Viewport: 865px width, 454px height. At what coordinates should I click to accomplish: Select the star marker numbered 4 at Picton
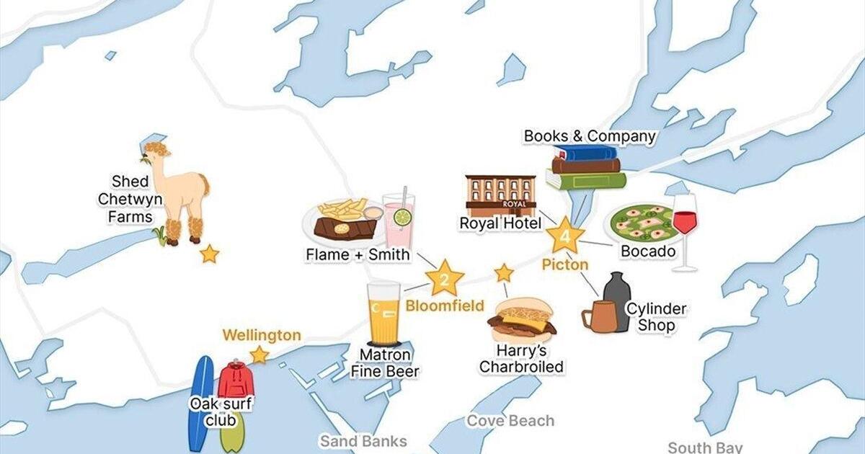tap(564, 236)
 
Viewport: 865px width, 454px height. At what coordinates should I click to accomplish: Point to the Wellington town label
tap(261, 335)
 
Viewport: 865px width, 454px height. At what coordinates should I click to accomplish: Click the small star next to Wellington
tap(258, 355)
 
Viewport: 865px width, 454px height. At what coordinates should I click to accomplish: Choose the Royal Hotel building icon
tap(500, 195)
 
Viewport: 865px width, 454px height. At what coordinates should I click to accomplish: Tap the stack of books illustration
tap(585, 167)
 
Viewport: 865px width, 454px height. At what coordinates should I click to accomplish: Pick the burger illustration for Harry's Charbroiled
tap(522, 321)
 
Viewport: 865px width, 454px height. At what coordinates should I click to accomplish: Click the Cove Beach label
tap(510, 421)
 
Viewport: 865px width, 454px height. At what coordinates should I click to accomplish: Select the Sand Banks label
tap(364, 441)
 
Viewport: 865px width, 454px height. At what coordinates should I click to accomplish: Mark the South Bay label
tap(704, 448)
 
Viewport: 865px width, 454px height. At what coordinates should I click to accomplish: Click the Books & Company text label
tap(590, 135)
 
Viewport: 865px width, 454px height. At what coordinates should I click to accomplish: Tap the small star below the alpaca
tap(209, 254)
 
